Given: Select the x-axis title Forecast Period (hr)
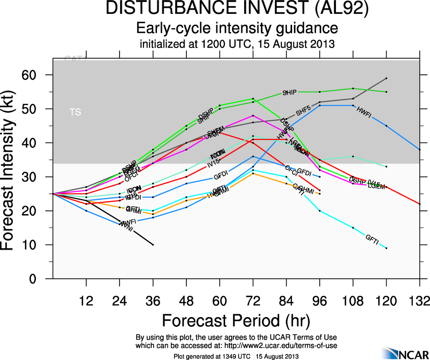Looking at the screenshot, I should pos(236,320).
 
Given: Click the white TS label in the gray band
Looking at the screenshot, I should pos(75,112).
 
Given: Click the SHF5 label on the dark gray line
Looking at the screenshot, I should pos(304,111).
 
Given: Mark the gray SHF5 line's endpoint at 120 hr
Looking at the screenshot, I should pos(386,78).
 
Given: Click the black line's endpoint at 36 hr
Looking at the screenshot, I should pos(153,245).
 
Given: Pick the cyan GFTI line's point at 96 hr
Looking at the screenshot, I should pos(320,211).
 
